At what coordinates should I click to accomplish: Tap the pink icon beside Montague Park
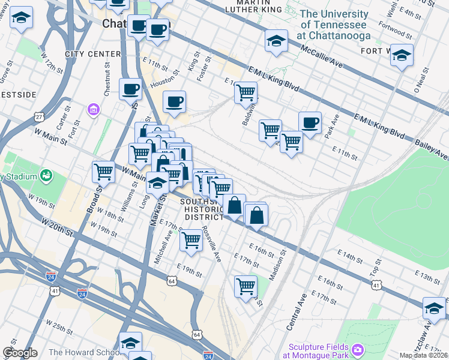click(358, 349)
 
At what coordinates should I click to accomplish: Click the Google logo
click(20, 353)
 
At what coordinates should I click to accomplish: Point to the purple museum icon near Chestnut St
click(92, 110)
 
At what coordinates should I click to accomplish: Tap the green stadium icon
click(46, 176)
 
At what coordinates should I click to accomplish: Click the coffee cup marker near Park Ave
click(310, 124)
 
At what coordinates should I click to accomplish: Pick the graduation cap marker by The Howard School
click(130, 343)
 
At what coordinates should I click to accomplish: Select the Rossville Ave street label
click(212, 244)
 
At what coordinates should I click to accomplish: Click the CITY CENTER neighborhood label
click(93, 54)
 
